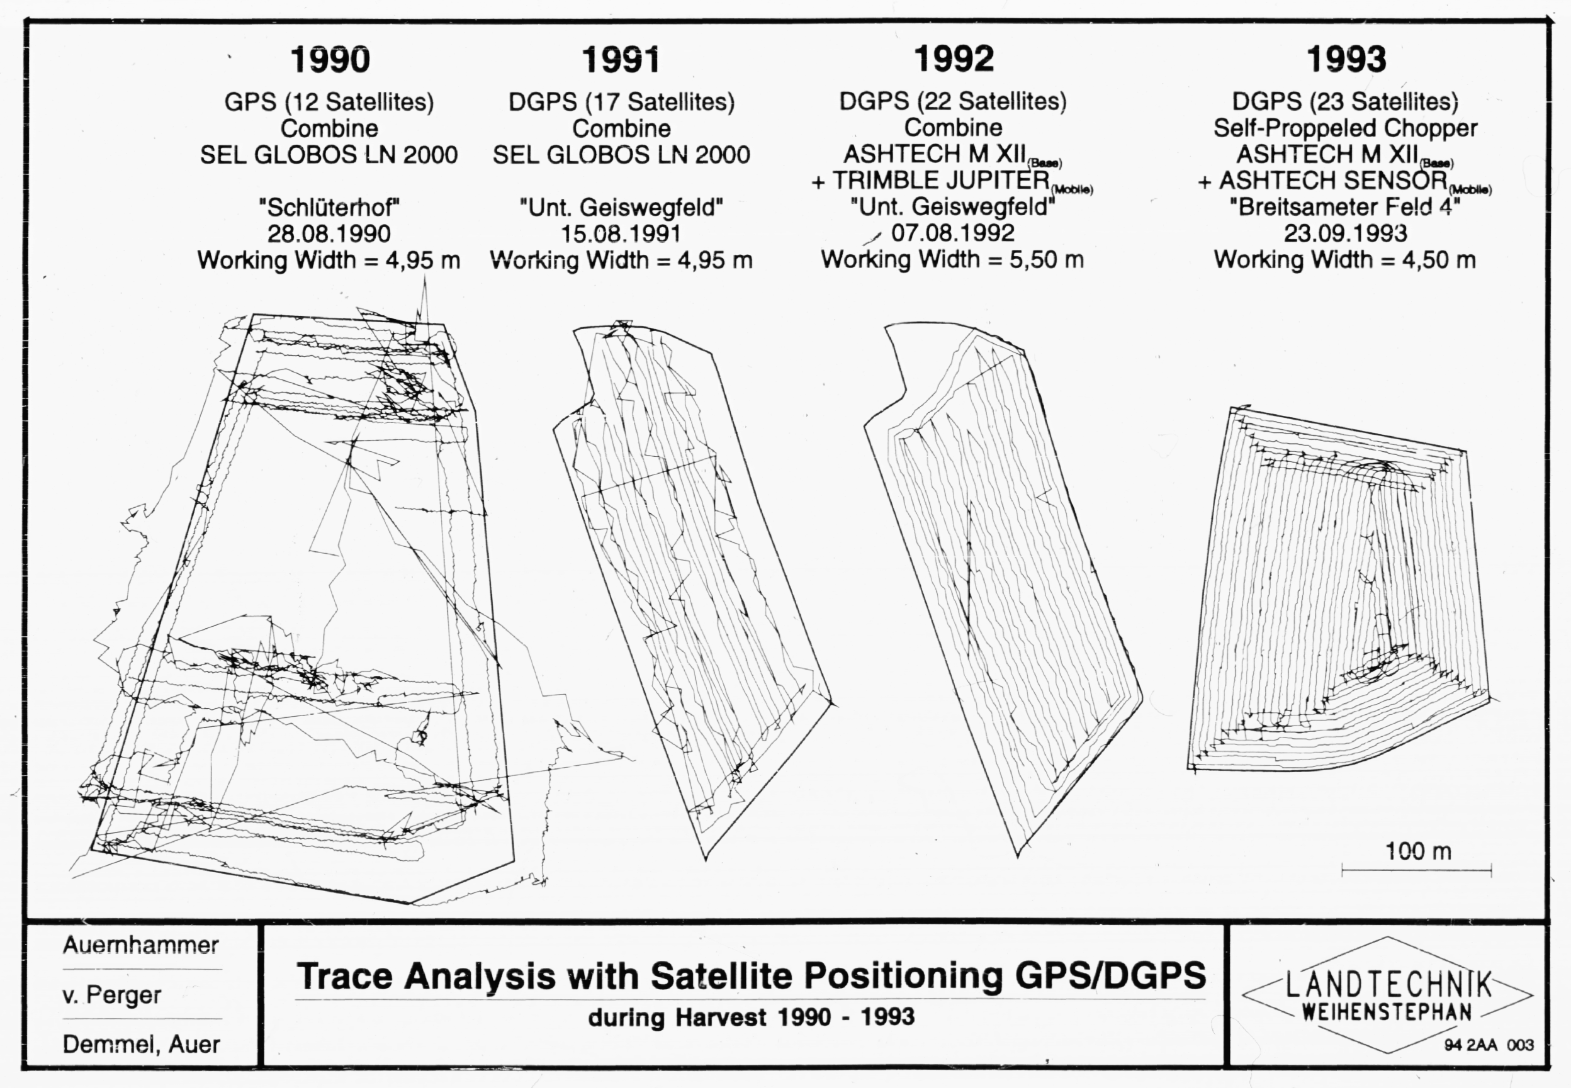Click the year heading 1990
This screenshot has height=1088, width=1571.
point(330,60)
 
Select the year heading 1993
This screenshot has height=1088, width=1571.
point(1346,59)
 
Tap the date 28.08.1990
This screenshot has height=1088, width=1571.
point(329,234)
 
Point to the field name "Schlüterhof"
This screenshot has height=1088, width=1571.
point(329,206)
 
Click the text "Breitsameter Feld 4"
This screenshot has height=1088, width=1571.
point(1344,206)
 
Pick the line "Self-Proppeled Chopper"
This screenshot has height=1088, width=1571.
point(1345,128)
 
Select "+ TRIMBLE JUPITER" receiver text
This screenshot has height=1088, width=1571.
point(930,180)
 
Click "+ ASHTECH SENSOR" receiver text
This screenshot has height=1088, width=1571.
point(1323,181)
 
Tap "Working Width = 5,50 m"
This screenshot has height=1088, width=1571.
point(952,260)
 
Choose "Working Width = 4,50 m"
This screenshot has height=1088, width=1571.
point(1344,260)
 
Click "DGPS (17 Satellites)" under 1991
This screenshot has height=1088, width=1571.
point(621,102)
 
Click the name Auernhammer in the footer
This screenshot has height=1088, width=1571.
point(141,945)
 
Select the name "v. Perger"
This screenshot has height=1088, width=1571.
point(112,995)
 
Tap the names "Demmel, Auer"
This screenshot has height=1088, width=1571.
point(142,1045)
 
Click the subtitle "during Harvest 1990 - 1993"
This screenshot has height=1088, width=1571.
point(751,1017)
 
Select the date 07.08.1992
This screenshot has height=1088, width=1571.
point(952,233)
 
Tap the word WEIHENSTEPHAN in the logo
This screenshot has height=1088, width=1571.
point(1387,1012)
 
